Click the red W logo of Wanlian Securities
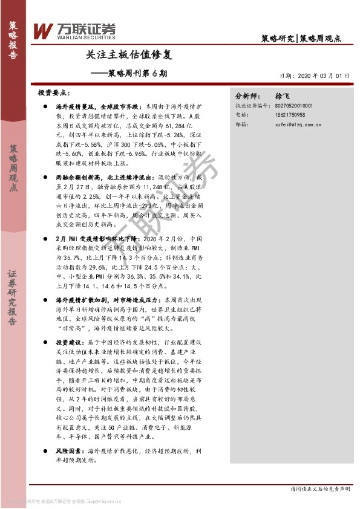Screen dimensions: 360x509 (x=44, y=30)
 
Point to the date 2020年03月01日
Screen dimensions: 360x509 (x=314, y=76)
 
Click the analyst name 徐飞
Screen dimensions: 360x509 (x=283, y=96)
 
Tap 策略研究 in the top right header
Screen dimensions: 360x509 (x=278, y=38)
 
